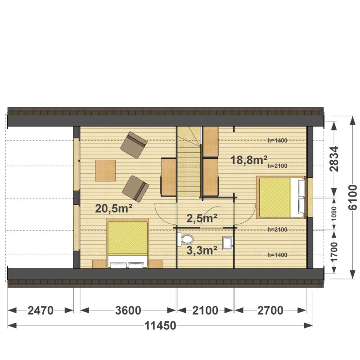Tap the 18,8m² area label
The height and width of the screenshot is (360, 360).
(x=249, y=160)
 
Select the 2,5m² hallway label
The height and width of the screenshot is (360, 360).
(x=202, y=218)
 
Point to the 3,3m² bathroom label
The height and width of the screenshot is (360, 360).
(x=202, y=251)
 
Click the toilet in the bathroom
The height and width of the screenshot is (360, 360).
(x=185, y=239)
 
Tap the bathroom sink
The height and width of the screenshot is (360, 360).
(x=228, y=243)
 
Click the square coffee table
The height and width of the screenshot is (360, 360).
(x=105, y=171)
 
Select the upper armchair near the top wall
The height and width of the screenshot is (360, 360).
(x=134, y=145)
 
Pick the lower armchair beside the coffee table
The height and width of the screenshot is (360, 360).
(x=136, y=189)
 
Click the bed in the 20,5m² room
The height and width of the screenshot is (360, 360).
(x=127, y=243)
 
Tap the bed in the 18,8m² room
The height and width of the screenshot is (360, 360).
(x=281, y=198)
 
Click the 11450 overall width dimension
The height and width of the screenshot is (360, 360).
(x=160, y=325)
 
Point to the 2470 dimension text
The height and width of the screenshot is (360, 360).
(x=40, y=310)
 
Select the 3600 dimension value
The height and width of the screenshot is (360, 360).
(x=128, y=310)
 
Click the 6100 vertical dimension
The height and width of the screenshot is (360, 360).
(x=353, y=198)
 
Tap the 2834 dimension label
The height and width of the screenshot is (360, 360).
(x=334, y=159)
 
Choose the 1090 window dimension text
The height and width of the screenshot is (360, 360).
(x=334, y=214)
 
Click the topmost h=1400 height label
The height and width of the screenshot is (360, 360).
(x=277, y=140)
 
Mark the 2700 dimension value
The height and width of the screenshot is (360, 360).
(x=270, y=310)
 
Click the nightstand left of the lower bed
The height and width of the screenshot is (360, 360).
(x=99, y=264)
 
